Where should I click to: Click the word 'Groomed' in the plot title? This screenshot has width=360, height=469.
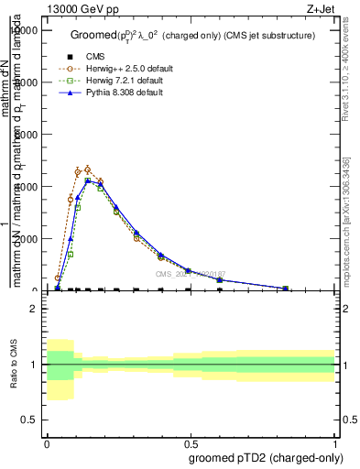pyautogui.click(x=93, y=35)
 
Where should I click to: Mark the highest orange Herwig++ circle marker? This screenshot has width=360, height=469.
pyautogui.click(x=88, y=169)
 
